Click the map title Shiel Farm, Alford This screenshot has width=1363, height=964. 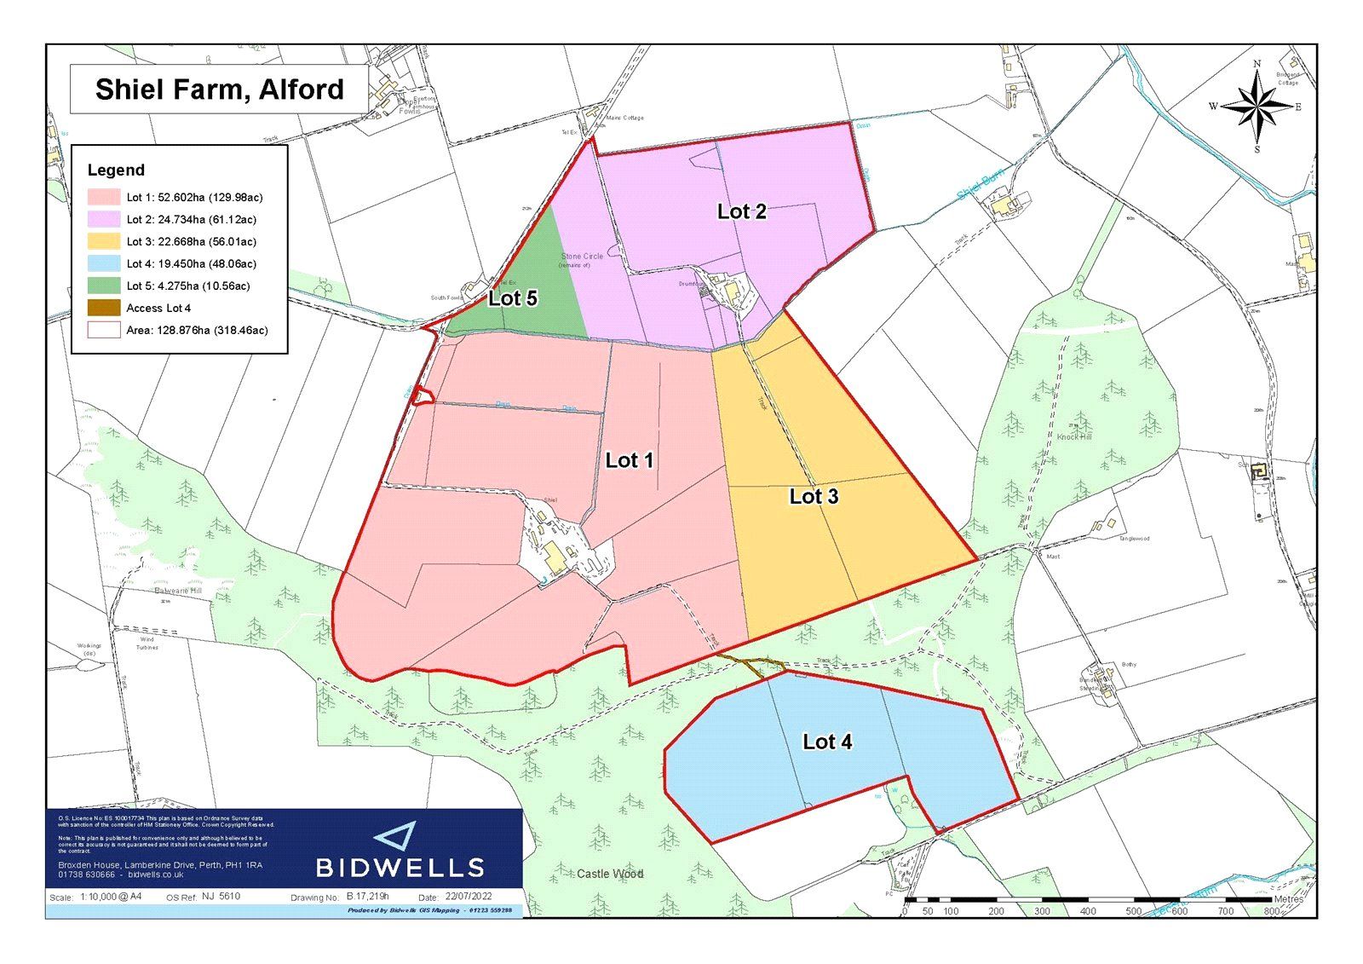point(220,89)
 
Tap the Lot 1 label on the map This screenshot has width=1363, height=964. point(629,460)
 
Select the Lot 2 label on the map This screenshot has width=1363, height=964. point(741,211)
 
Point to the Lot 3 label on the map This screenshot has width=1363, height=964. point(814,496)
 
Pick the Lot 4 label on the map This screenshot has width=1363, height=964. point(827,742)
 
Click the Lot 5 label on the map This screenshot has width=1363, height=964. point(513,298)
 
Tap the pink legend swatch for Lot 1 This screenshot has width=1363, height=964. point(104,198)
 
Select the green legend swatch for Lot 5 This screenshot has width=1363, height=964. point(104,286)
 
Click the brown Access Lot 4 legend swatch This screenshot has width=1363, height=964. point(104,309)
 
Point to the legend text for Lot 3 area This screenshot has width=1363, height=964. point(191,242)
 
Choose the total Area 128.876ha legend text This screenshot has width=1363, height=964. point(197,331)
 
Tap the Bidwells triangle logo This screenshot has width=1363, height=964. point(396,836)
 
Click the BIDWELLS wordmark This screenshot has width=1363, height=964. point(400,869)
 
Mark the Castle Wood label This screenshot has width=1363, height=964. point(610,874)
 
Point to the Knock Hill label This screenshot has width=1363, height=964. point(1074,436)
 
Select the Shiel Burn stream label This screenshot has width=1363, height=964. point(981,185)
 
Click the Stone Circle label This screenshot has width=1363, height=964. point(582,257)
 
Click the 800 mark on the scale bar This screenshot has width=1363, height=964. point(1271,911)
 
